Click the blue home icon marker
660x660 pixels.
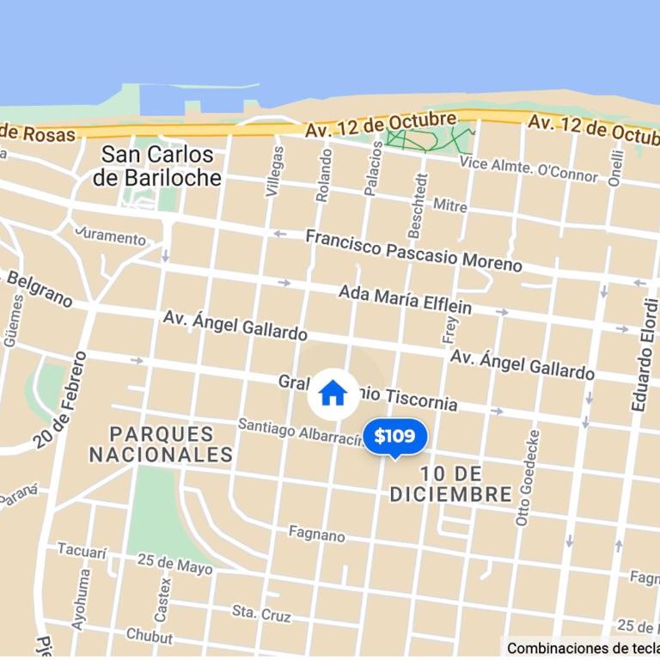(x=333, y=394)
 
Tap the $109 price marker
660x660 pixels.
(x=394, y=437)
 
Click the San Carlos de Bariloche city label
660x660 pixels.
(x=157, y=167)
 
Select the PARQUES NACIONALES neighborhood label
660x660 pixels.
(x=161, y=443)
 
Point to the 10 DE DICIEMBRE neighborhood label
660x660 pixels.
(x=451, y=484)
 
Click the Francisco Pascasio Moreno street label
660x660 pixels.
(x=413, y=249)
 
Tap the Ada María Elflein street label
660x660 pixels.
(x=405, y=298)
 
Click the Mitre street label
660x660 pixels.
(x=450, y=205)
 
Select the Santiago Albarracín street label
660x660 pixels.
(x=301, y=431)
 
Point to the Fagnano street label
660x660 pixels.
(x=316, y=535)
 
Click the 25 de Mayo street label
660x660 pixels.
(x=174, y=564)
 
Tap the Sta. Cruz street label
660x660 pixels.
(x=261, y=613)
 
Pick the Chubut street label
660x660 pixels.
(x=150, y=636)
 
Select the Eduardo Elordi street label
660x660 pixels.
(x=645, y=354)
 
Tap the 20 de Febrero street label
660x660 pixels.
(x=61, y=400)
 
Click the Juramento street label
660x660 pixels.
(x=111, y=235)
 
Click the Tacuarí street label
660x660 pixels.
(x=82, y=549)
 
